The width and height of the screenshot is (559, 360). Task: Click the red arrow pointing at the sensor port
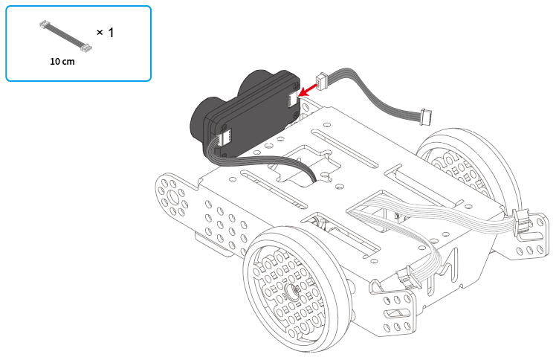coord(307,89)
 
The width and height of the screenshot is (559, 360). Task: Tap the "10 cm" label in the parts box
coord(62,62)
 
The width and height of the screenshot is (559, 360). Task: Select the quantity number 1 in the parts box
coord(111,33)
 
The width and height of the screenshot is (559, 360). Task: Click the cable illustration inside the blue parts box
coord(65,36)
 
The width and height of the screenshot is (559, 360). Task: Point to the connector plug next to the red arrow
coord(322,80)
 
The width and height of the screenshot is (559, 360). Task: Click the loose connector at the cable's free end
coord(426,117)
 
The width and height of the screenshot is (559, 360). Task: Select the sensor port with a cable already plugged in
coord(224,136)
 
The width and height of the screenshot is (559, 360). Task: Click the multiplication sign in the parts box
coord(100,33)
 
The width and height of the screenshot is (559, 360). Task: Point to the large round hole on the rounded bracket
coord(174,197)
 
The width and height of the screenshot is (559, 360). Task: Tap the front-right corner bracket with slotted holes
coord(394,310)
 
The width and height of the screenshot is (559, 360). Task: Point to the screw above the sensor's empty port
coord(296,86)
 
